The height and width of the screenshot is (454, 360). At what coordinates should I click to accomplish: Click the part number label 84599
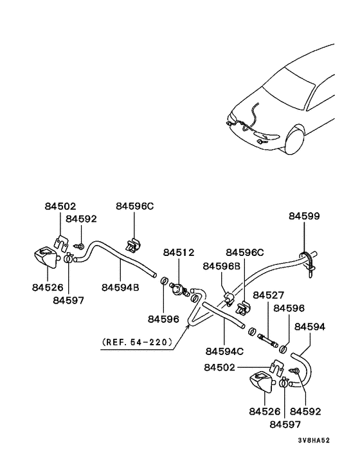coord(304,216)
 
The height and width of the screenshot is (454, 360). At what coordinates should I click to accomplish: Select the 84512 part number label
coord(178,253)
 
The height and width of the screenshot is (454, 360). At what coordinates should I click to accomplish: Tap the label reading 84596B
coord(222,266)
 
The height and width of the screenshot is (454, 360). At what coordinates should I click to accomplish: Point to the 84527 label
coord(268,295)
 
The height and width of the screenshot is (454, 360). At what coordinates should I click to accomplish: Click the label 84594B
coord(120,287)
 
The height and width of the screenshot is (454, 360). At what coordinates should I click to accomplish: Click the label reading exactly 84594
coord(310,327)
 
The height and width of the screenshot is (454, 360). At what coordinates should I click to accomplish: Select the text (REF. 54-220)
coord(138,341)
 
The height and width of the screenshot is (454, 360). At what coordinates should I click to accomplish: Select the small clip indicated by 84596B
coord(229,296)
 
